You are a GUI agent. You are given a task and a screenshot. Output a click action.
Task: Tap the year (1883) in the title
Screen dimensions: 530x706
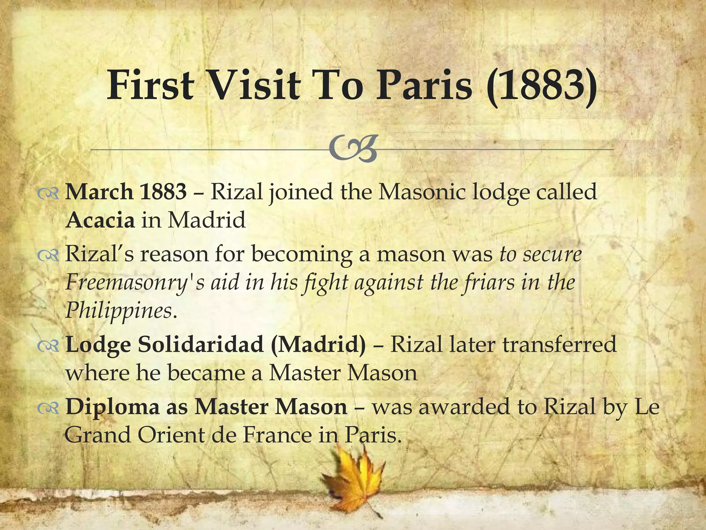coord(542,86)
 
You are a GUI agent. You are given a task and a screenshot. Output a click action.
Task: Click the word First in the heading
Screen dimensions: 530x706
coord(150,85)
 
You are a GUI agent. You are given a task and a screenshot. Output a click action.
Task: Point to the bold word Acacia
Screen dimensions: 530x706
coord(100,220)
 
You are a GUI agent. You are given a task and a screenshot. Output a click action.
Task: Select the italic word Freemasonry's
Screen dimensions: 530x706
coord(134,283)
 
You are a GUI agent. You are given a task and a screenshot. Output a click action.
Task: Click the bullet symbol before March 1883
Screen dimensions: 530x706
coord(48,195)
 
